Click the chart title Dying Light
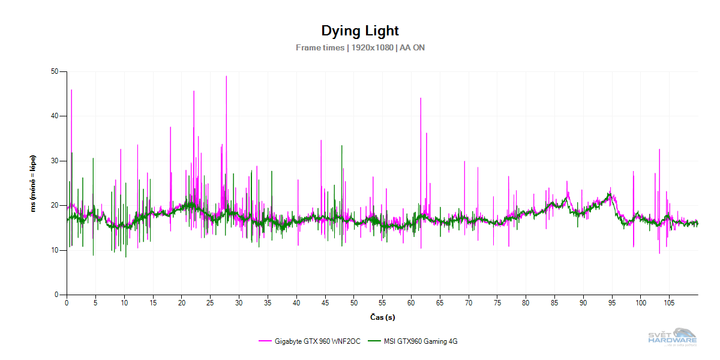click(x=360, y=31)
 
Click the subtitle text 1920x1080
click(x=373, y=47)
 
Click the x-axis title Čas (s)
click(x=382, y=317)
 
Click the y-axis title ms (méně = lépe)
click(x=34, y=184)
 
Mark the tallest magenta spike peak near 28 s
click(x=226, y=76)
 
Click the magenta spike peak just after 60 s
click(x=421, y=98)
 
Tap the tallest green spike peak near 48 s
click(x=341, y=146)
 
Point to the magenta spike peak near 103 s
click(x=659, y=149)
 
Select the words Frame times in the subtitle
click(x=320, y=47)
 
